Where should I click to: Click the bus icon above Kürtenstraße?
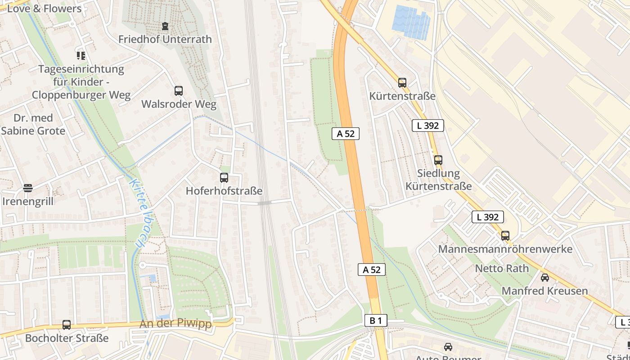pyautogui.click(x=402, y=83)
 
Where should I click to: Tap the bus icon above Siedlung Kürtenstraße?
pyautogui.click(x=438, y=160)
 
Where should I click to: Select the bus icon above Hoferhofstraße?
pyautogui.click(x=224, y=178)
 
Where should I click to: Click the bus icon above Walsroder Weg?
pyautogui.click(x=179, y=91)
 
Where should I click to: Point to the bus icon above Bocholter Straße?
pyautogui.click(x=67, y=324)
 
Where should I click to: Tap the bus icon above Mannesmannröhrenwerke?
pyautogui.click(x=505, y=236)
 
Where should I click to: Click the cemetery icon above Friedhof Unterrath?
pyautogui.click(x=165, y=26)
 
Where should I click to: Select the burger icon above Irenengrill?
pyautogui.click(x=28, y=188)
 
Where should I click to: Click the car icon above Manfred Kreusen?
pyautogui.click(x=544, y=278)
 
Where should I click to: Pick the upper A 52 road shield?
pyautogui.click(x=346, y=134)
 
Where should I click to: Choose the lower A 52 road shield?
pyautogui.click(x=372, y=270)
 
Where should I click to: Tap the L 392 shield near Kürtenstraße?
pyautogui.click(x=427, y=126)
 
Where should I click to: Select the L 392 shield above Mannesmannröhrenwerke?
pyautogui.click(x=487, y=217)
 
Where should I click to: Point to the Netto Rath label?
pyautogui.click(x=502, y=269)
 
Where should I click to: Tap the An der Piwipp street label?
pyautogui.click(x=175, y=324)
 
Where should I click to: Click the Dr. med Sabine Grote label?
pyautogui.click(x=33, y=125)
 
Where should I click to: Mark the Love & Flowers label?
pyautogui.click(x=44, y=9)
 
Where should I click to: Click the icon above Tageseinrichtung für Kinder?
pyautogui.click(x=81, y=56)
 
